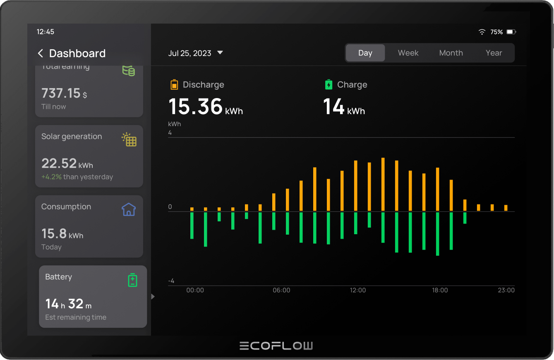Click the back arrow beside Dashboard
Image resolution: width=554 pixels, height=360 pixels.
pyautogui.click(x=40, y=53)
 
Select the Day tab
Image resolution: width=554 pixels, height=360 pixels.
pyautogui.click(x=365, y=53)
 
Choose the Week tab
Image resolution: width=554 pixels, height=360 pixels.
pyautogui.click(x=408, y=53)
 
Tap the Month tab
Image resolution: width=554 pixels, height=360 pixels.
pyautogui.click(x=451, y=53)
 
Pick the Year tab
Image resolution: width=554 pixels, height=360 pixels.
pyautogui.click(x=494, y=53)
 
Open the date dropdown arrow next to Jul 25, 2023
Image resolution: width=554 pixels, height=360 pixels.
pyautogui.click(x=220, y=53)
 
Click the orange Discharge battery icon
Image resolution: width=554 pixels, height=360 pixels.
pyautogui.click(x=174, y=85)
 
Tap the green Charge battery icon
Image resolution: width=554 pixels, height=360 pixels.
pyautogui.click(x=329, y=85)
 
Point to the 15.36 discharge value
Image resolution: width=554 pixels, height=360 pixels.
pyautogui.click(x=196, y=106)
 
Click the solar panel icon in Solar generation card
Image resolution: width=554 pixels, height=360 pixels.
pyautogui.click(x=129, y=139)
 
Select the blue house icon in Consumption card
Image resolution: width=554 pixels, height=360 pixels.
pyautogui.click(x=129, y=209)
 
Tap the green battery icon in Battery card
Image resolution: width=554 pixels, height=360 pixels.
pyautogui.click(x=132, y=280)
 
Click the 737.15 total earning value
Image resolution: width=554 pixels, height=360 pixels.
pyautogui.click(x=61, y=93)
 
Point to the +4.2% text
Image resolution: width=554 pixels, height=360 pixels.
pyautogui.click(x=51, y=177)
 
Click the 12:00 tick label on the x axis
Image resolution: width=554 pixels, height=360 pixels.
pyautogui.click(x=358, y=290)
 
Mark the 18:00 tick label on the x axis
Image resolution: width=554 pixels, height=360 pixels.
pyautogui.click(x=440, y=290)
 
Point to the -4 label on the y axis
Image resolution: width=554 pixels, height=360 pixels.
pyautogui.click(x=171, y=281)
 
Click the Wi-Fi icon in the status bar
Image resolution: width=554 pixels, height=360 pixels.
pyautogui.click(x=482, y=32)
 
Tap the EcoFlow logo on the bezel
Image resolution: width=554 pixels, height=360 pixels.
pyautogui.click(x=276, y=346)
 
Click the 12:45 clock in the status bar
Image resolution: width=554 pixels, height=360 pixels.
pyautogui.click(x=46, y=32)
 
